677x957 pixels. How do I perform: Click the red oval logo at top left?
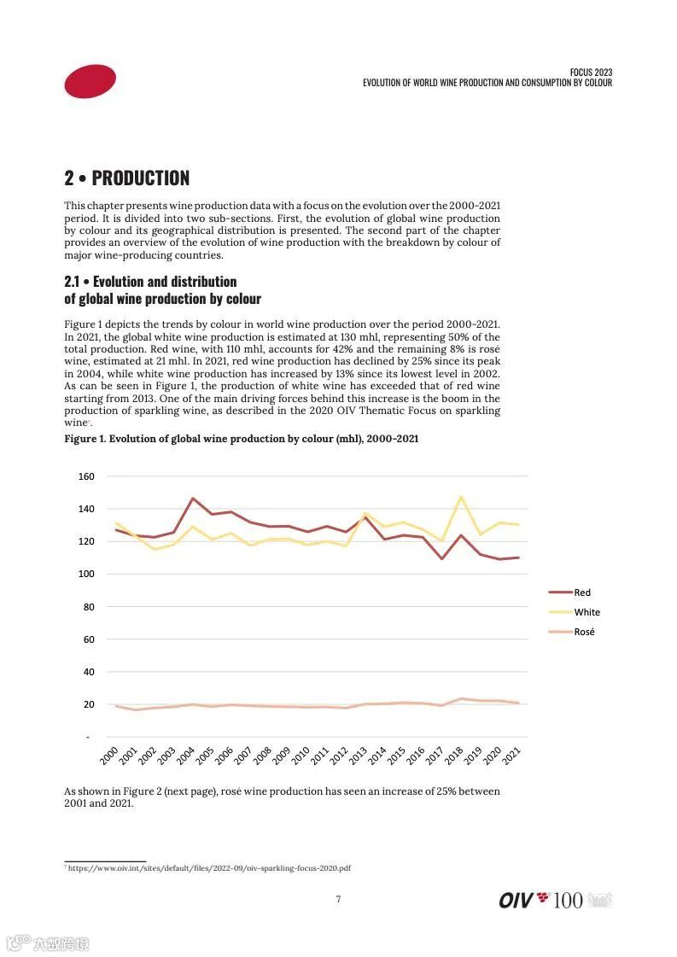[x=90, y=81]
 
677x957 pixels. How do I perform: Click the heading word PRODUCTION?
[x=140, y=178]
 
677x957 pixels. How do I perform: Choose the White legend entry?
[x=587, y=612]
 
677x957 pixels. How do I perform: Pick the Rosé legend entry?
[x=584, y=632]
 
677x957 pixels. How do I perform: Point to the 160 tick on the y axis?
[x=86, y=476]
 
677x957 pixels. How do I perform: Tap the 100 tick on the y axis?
[x=86, y=574]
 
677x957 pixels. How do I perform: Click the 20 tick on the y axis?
[x=88, y=704]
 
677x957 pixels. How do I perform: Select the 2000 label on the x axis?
[x=109, y=755]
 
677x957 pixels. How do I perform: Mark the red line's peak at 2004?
[x=193, y=498]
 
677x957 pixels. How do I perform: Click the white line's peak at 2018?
[x=461, y=497]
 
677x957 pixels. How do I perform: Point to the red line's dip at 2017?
[x=442, y=558]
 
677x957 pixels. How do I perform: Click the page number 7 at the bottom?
[x=338, y=898]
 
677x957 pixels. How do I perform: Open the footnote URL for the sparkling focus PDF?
[x=209, y=868]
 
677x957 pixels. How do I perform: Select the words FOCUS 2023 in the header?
[x=591, y=73]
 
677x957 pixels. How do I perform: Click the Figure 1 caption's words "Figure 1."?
[x=85, y=439]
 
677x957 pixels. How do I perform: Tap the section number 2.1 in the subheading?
[x=74, y=282]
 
